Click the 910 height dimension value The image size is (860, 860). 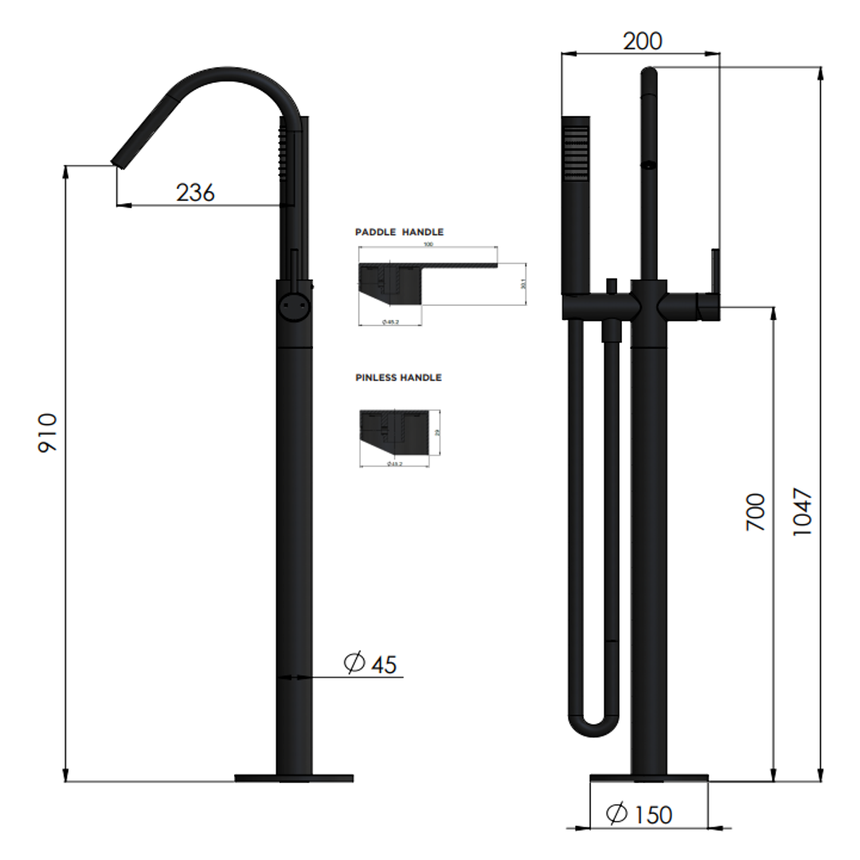pos(49,432)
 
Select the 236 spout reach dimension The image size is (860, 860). pos(195,192)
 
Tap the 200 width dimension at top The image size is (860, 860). pos(642,41)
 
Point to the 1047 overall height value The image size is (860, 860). pos(802,511)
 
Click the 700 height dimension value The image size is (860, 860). pos(755,512)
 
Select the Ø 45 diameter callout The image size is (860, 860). pos(370,663)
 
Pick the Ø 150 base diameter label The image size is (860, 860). pos(639,814)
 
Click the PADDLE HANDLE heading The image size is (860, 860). pos(399,232)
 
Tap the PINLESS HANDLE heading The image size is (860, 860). pos(398,377)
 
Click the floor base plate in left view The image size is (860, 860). pos(293,778)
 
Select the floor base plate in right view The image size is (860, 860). pos(648,778)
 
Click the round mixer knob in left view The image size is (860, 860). pos(293,305)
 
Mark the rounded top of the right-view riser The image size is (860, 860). pos(649,74)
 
